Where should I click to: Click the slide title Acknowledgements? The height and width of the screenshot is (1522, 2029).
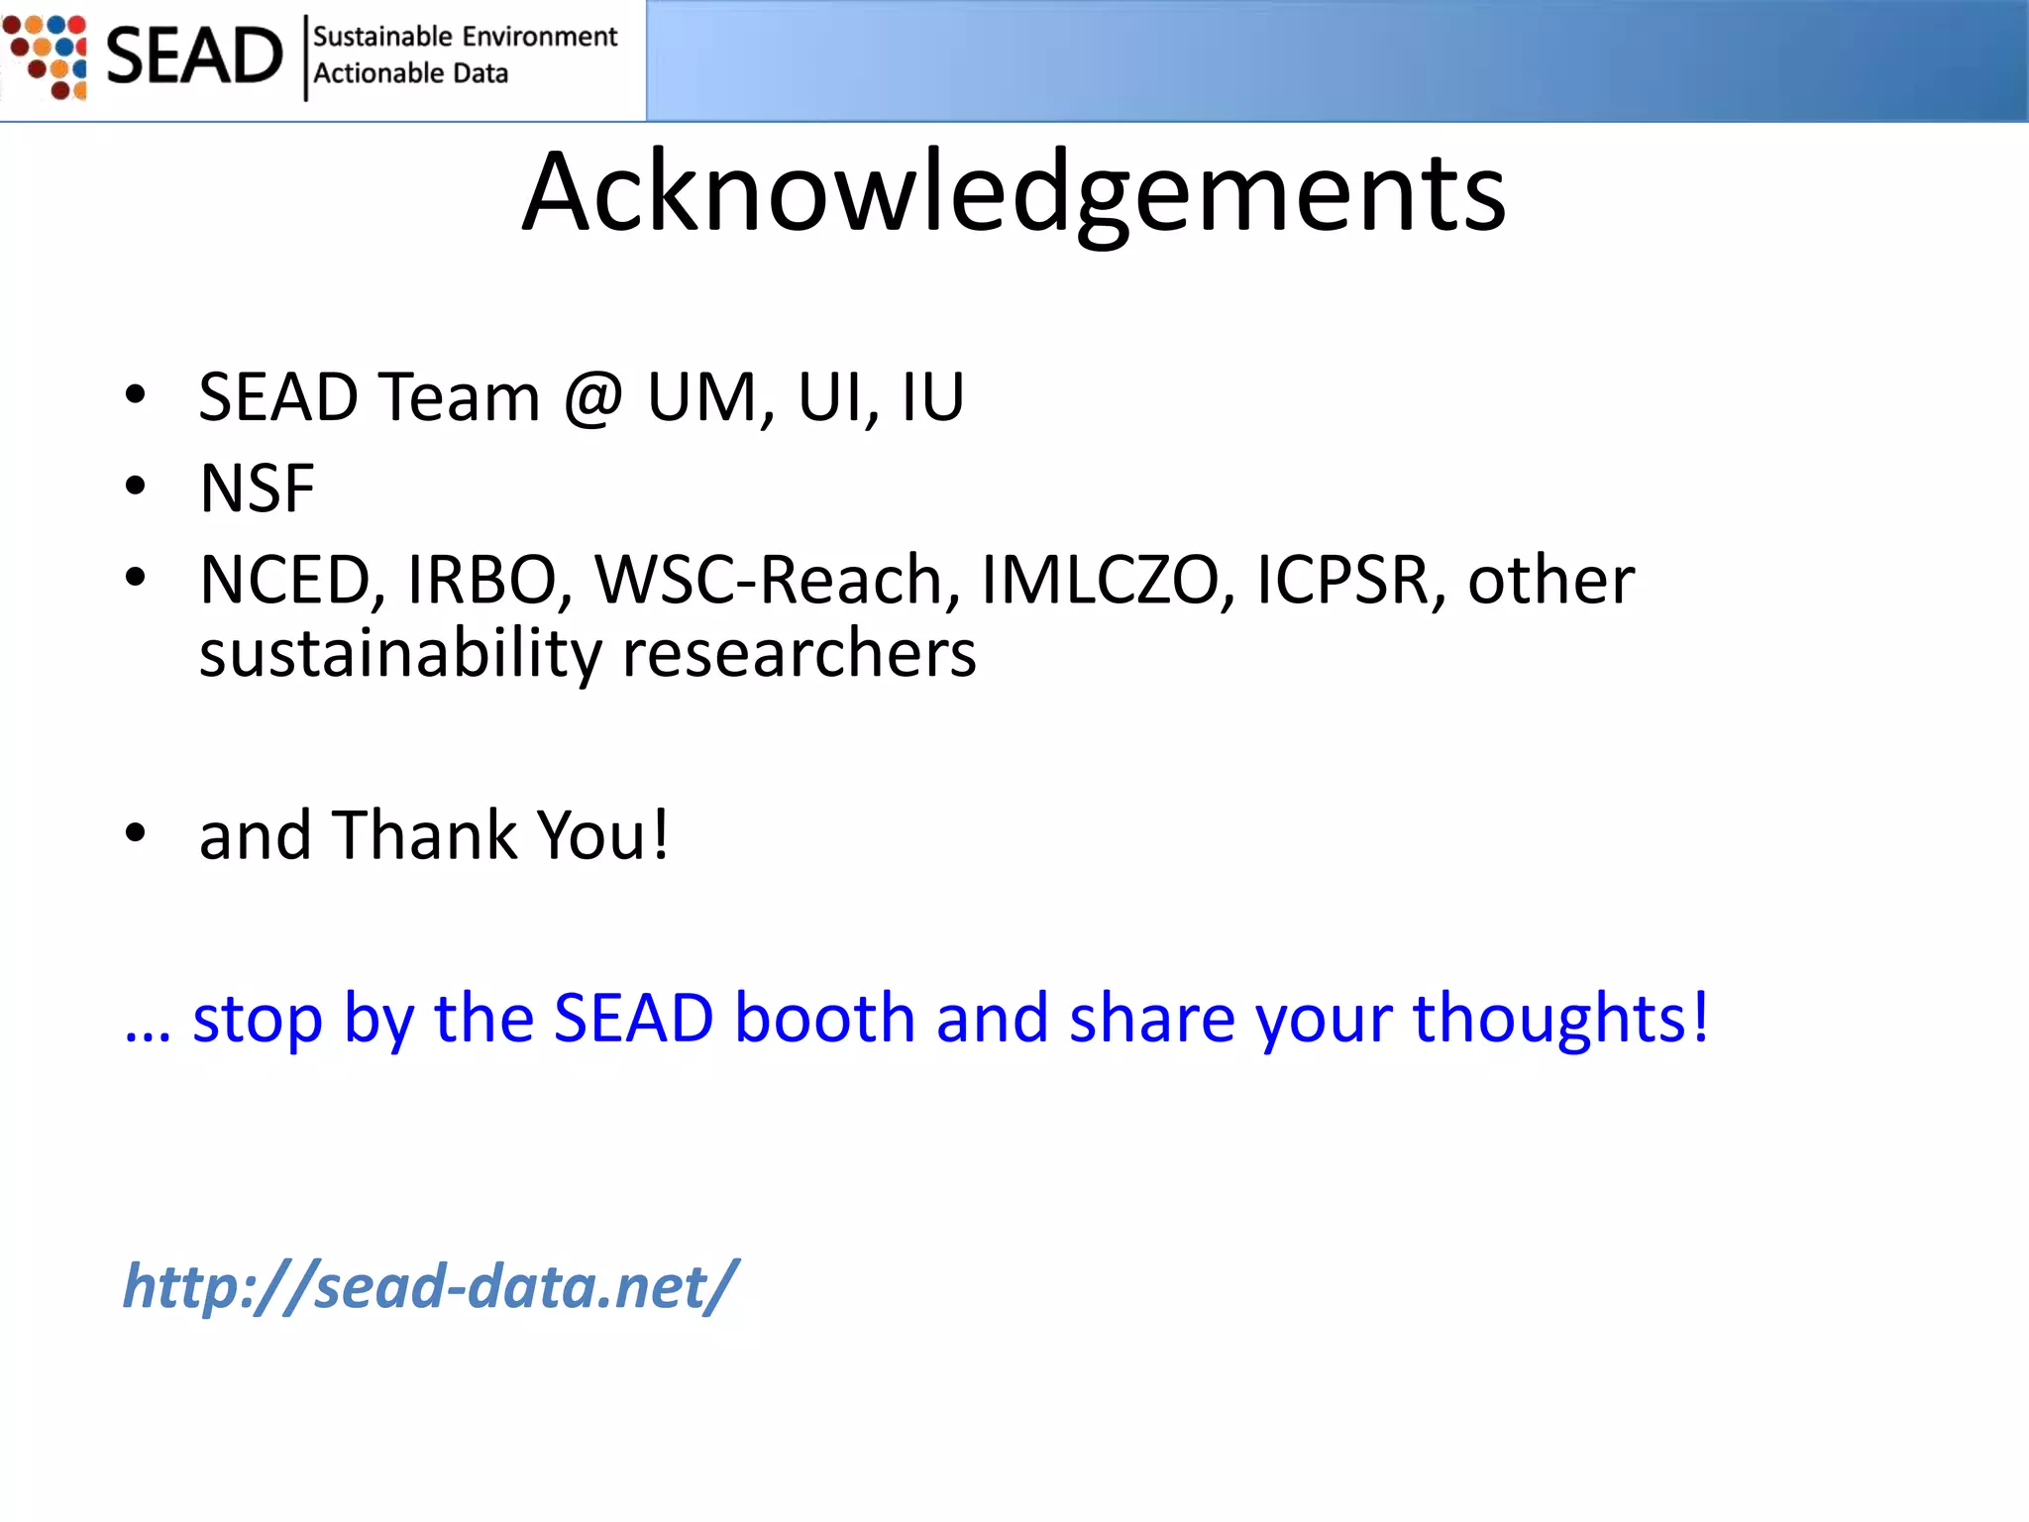click(x=1014, y=193)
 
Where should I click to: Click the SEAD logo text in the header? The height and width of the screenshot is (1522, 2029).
click(x=194, y=56)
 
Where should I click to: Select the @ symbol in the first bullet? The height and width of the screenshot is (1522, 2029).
click(x=592, y=397)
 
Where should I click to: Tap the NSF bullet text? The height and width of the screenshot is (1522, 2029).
click(x=257, y=489)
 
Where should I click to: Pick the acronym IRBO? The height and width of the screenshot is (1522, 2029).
click(x=482, y=580)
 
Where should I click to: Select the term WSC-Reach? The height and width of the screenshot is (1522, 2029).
click(x=769, y=580)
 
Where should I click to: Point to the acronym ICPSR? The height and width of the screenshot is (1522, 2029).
click(x=1343, y=580)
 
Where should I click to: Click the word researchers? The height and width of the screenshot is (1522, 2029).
click(x=799, y=655)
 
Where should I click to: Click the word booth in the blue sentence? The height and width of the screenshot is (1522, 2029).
click(x=824, y=1018)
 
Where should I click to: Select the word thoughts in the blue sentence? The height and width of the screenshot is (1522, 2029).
click(x=1559, y=1018)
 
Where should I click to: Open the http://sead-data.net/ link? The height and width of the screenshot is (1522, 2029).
click(x=429, y=1286)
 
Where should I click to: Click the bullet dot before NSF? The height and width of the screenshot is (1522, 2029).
click(x=136, y=487)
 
